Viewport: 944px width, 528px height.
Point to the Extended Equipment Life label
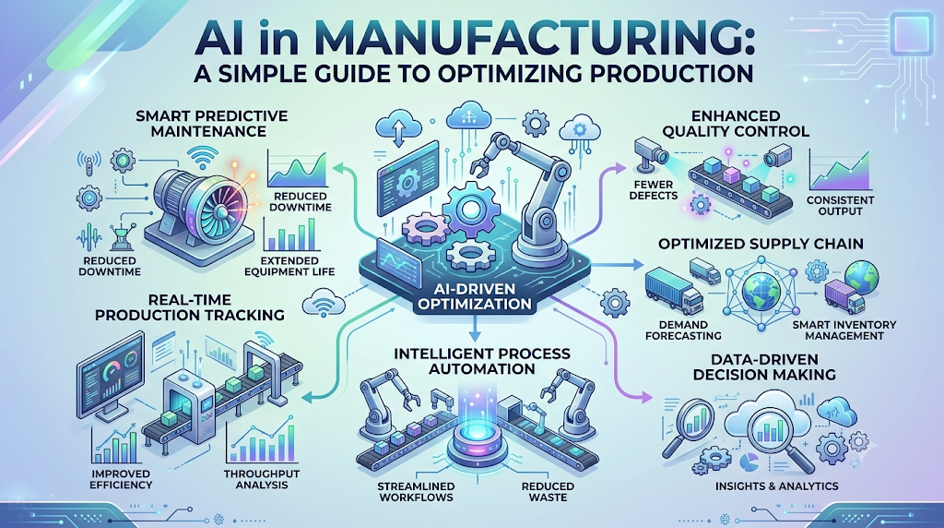[289, 266]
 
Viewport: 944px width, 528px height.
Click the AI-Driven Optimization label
[475, 296]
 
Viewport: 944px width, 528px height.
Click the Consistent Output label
[840, 206]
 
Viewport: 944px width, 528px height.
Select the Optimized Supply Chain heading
[761, 244]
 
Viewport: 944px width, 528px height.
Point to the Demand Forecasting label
[683, 330]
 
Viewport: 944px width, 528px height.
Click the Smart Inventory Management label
[844, 330]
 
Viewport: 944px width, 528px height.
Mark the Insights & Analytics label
[776, 486]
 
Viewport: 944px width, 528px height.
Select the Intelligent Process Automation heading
[481, 360]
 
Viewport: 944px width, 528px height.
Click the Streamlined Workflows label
[416, 491]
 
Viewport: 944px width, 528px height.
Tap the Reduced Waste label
[548, 491]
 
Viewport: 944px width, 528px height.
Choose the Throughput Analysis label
[261, 479]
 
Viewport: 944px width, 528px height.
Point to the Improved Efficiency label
[121, 479]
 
